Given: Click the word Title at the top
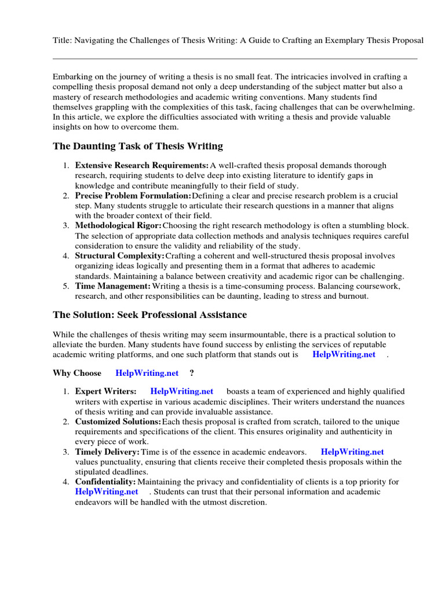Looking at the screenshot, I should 62,40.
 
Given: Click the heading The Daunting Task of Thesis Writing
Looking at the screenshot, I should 138,146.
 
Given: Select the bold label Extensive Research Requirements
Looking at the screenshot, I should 142,166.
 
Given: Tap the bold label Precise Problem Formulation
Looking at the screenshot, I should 133,196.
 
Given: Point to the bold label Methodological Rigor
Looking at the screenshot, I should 119,225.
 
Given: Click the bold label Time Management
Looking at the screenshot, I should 113,286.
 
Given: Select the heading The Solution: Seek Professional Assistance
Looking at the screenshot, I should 149,315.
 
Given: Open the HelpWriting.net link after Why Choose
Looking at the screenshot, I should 147,373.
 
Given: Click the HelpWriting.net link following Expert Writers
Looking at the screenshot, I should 181,391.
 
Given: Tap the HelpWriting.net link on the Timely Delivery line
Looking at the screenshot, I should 352,452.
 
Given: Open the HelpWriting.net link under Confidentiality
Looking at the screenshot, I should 107,492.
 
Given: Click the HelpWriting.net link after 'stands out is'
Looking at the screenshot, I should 344,354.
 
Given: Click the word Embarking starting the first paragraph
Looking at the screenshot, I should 72,76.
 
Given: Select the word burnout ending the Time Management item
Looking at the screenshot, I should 352,296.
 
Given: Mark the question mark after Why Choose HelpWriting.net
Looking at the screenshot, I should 192,373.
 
